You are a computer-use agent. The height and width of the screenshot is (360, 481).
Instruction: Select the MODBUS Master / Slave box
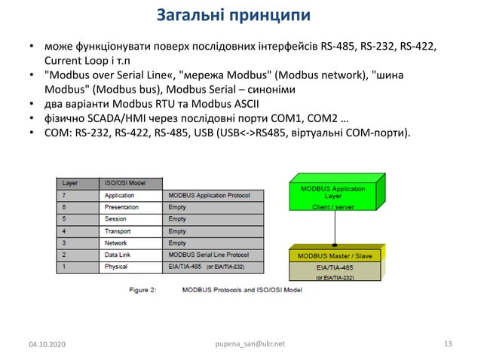click(333, 256)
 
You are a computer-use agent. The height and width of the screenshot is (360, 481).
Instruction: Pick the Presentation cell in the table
click(121, 207)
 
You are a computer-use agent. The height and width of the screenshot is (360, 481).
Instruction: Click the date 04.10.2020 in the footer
click(47, 345)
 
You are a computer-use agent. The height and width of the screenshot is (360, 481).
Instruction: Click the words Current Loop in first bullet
click(72, 61)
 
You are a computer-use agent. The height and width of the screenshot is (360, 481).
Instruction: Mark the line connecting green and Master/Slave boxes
click(333, 227)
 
